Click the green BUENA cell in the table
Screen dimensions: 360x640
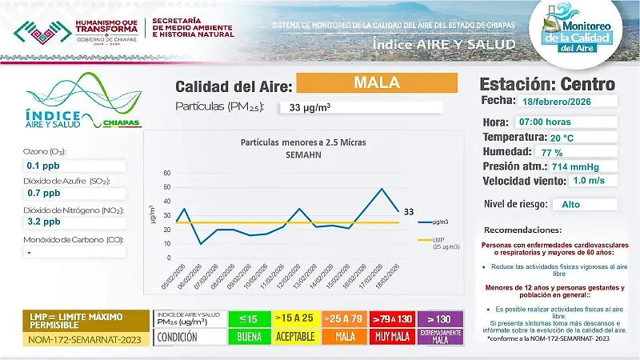[249, 337]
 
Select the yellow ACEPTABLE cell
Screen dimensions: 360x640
[294, 337]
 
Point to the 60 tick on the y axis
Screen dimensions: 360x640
[166, 173]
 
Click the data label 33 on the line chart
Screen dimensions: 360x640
[408, 212]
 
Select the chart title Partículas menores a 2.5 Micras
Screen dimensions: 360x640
[292, 142]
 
